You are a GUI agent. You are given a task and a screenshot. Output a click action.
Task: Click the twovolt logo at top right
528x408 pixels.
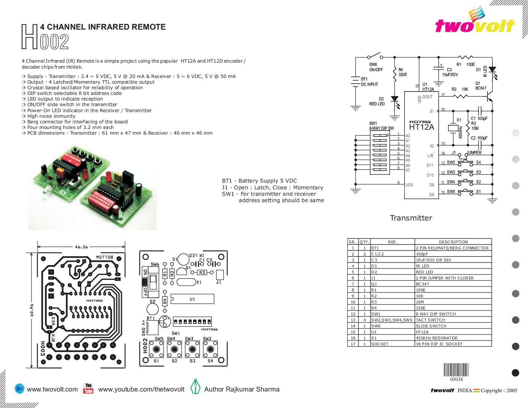(475, 23)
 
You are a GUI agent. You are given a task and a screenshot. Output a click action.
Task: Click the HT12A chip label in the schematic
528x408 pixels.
(421, 127)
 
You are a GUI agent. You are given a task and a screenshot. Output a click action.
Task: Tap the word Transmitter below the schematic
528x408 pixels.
(411, 218)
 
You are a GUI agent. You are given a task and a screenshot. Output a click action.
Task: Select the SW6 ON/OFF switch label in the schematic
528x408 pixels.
(376, 67)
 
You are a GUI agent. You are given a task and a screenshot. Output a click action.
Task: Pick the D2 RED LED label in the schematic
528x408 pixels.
(377, 102)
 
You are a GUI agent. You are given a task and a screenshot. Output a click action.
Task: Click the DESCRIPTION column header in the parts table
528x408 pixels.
(453, 242)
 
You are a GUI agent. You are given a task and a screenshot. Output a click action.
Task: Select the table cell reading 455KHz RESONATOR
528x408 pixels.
(436, 338)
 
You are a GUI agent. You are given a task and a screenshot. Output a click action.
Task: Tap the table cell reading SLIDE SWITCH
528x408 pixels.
(431, 326)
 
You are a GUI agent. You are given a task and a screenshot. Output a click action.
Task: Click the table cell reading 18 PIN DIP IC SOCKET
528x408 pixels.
(439, 344)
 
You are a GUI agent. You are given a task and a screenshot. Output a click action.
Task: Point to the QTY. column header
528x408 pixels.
(364, 242)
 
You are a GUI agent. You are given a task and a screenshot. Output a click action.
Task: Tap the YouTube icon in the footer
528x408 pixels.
(88, 388)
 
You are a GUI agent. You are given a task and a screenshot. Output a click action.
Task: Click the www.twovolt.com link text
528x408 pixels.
(52, 389)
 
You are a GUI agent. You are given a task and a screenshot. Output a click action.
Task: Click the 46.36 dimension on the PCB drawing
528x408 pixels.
(81, 247)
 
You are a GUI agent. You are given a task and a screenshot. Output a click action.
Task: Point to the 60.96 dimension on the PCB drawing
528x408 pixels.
(31, 310)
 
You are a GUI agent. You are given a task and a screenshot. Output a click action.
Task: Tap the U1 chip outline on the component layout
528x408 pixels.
(192, 299)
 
